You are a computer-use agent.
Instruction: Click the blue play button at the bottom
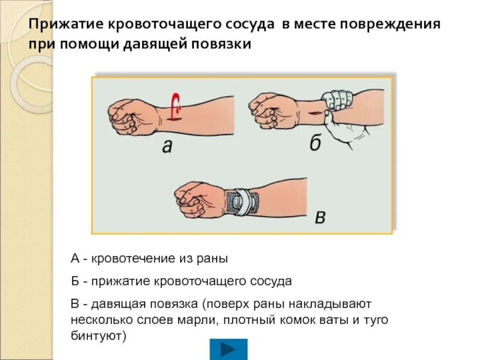[x=228, y=349]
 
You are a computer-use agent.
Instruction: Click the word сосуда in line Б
[x=271, y=281]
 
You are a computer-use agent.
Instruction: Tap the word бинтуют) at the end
[x=98, y=335]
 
